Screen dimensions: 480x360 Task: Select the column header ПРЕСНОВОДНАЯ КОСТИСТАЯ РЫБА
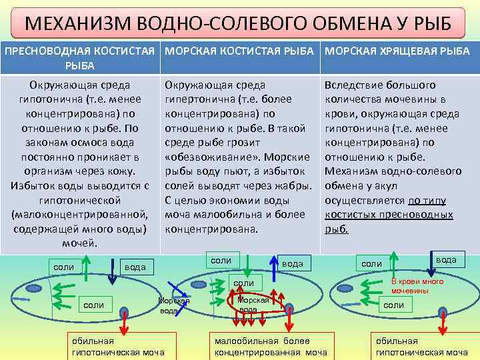[80, 58]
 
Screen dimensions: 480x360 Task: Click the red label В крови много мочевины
[417, 286]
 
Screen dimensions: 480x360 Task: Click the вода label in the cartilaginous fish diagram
[446, 259]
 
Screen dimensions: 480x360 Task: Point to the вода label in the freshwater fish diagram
[135, 267]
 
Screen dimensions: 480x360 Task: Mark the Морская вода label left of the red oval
[173, 305]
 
